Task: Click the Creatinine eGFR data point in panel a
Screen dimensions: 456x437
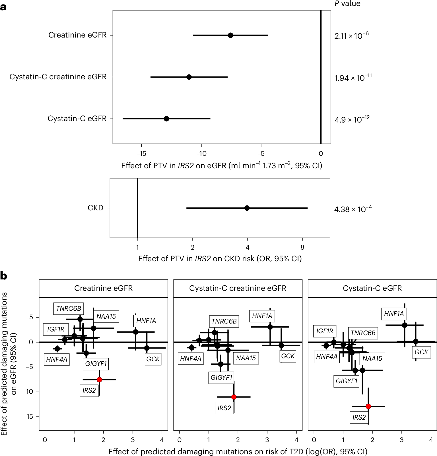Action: click(x=230, y=35)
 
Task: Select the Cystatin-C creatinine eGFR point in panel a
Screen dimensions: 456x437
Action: click(x=189, y=77)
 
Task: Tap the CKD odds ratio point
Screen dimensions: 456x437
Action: click(x=247, y=208)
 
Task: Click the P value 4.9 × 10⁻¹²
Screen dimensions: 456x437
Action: click(x=352, y=119)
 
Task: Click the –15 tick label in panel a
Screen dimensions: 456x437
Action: click(x=141, y=154)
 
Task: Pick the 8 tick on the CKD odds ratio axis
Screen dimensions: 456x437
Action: click(x=302, y=248)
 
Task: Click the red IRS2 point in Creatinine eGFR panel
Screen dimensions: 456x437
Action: click(x=99, y=380)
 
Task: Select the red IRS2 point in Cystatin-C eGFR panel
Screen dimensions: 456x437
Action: click(x=368, y=406)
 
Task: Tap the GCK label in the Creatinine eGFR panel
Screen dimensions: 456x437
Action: click(x=153, y=359)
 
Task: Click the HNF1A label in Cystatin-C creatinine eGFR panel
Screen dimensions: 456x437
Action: click(x=262, y=316)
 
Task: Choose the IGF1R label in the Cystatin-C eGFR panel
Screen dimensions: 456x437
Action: click(x=325, y=331)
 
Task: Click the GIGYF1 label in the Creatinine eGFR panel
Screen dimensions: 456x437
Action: click(x=96, y=364)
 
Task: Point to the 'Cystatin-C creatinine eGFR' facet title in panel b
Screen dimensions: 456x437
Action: click(x=238, y=288)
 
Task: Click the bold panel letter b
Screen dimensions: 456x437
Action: click(x=3, y=276)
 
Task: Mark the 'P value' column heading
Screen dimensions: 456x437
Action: click(x=347, y=4)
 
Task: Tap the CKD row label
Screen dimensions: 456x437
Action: click(x=95, y=208)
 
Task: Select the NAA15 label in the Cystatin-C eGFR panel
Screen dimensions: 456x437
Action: click(x=372, y=358)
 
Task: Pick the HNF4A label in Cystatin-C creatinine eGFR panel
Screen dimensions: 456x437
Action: click(x=191, y=359)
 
